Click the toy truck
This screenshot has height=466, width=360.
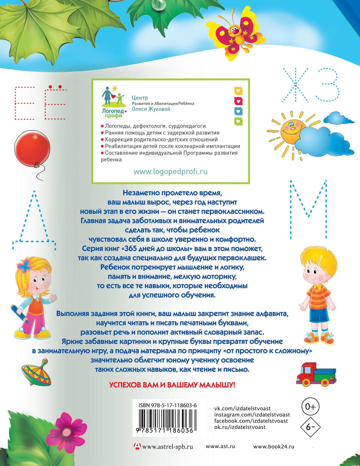click(316, 374)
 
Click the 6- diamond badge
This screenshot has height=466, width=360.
click(310, 427)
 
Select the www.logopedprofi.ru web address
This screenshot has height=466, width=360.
click(171, 171)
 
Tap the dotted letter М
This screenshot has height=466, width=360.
click(308, 209)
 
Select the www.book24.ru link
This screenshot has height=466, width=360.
click(273, 446)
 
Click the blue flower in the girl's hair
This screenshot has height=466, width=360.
click(24, 266)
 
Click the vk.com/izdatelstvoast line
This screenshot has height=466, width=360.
click(242, 408)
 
